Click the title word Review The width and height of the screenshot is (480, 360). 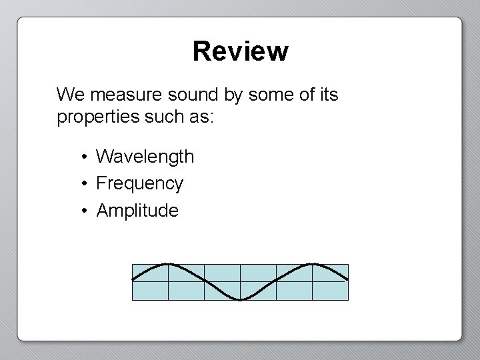click(x=240, y=51)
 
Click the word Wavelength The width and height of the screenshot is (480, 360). click(x=145, y=157)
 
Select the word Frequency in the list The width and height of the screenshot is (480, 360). click(x=139, y=183)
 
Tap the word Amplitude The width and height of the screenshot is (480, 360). click(x=137, y=211)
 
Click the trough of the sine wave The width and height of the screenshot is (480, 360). click(x=241, y=299)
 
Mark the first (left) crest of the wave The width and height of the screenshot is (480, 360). click(x=168, y=264)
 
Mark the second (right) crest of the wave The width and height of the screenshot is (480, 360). click(x=313, y=264)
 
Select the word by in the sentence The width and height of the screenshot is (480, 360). click(x=233, y=95)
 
